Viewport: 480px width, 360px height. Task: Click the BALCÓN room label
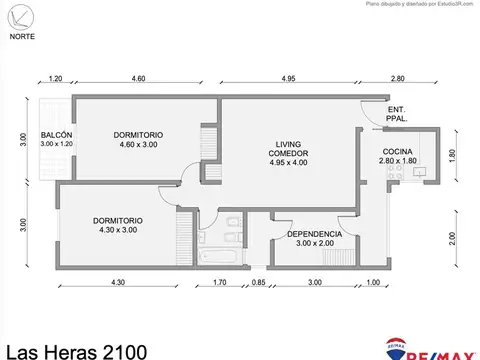56,135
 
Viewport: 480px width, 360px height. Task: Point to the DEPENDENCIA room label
314,234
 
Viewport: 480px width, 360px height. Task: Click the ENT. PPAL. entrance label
397,114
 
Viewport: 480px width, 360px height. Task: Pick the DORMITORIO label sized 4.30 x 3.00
117,220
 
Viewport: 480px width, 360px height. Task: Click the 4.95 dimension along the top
287,78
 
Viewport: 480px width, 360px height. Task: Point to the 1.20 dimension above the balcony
55,78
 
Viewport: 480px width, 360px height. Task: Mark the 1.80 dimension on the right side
452,154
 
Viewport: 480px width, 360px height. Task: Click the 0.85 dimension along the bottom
259,283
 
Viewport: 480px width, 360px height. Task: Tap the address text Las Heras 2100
74,349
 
